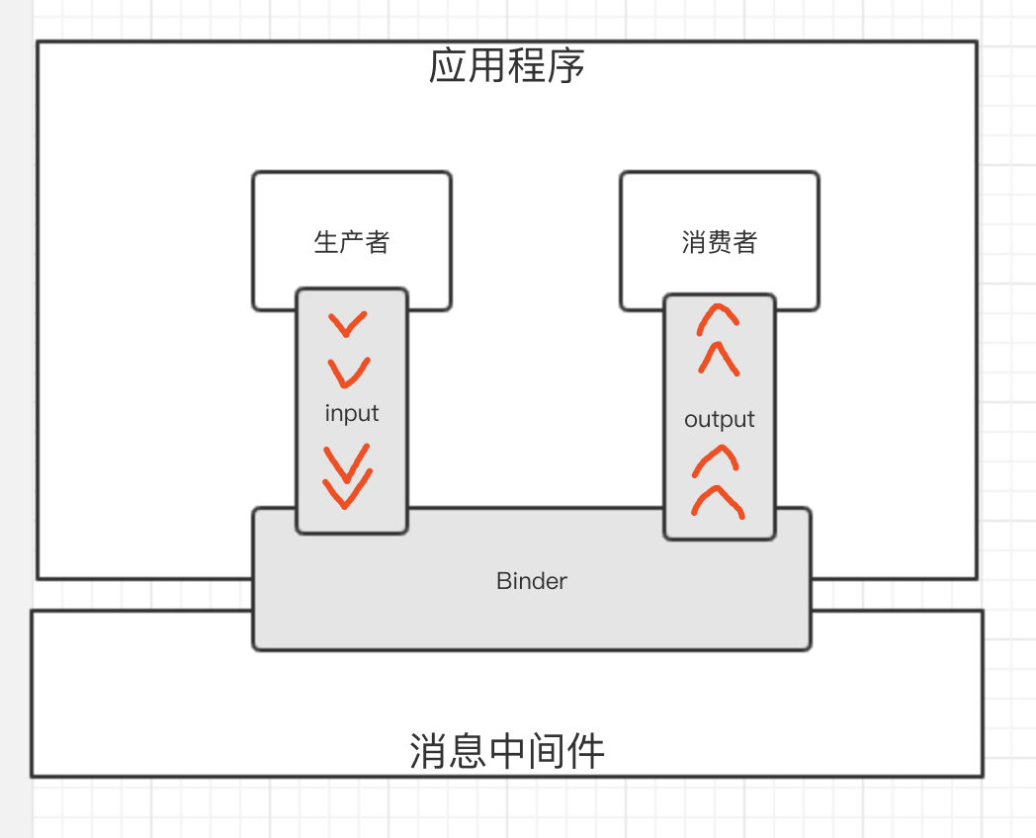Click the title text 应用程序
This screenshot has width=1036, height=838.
(507, 66)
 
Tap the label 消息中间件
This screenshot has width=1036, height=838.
(507, 752)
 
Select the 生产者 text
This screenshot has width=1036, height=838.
(352, 242)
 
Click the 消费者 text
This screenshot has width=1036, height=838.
(720, 242)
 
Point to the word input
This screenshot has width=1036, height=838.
(352, 413)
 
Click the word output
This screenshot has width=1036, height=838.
(720, 419)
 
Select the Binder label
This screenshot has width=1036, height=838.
(532, 581)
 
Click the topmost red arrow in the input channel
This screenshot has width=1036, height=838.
(348, 323)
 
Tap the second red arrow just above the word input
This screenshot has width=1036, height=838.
(349, 372)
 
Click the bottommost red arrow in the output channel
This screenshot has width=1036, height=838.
(719, 502)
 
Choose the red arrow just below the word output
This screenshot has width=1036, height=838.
(719, 459)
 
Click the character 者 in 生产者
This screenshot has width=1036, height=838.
(378, 242)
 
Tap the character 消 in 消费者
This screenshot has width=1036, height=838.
(694, 242)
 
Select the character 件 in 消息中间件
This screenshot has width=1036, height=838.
(585, 752)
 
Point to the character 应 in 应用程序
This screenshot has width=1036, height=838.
(448, 66)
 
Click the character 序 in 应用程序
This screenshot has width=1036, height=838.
(566, 66)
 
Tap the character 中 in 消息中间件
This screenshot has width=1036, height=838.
(507, 752)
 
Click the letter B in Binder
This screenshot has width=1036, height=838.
(502, 581)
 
